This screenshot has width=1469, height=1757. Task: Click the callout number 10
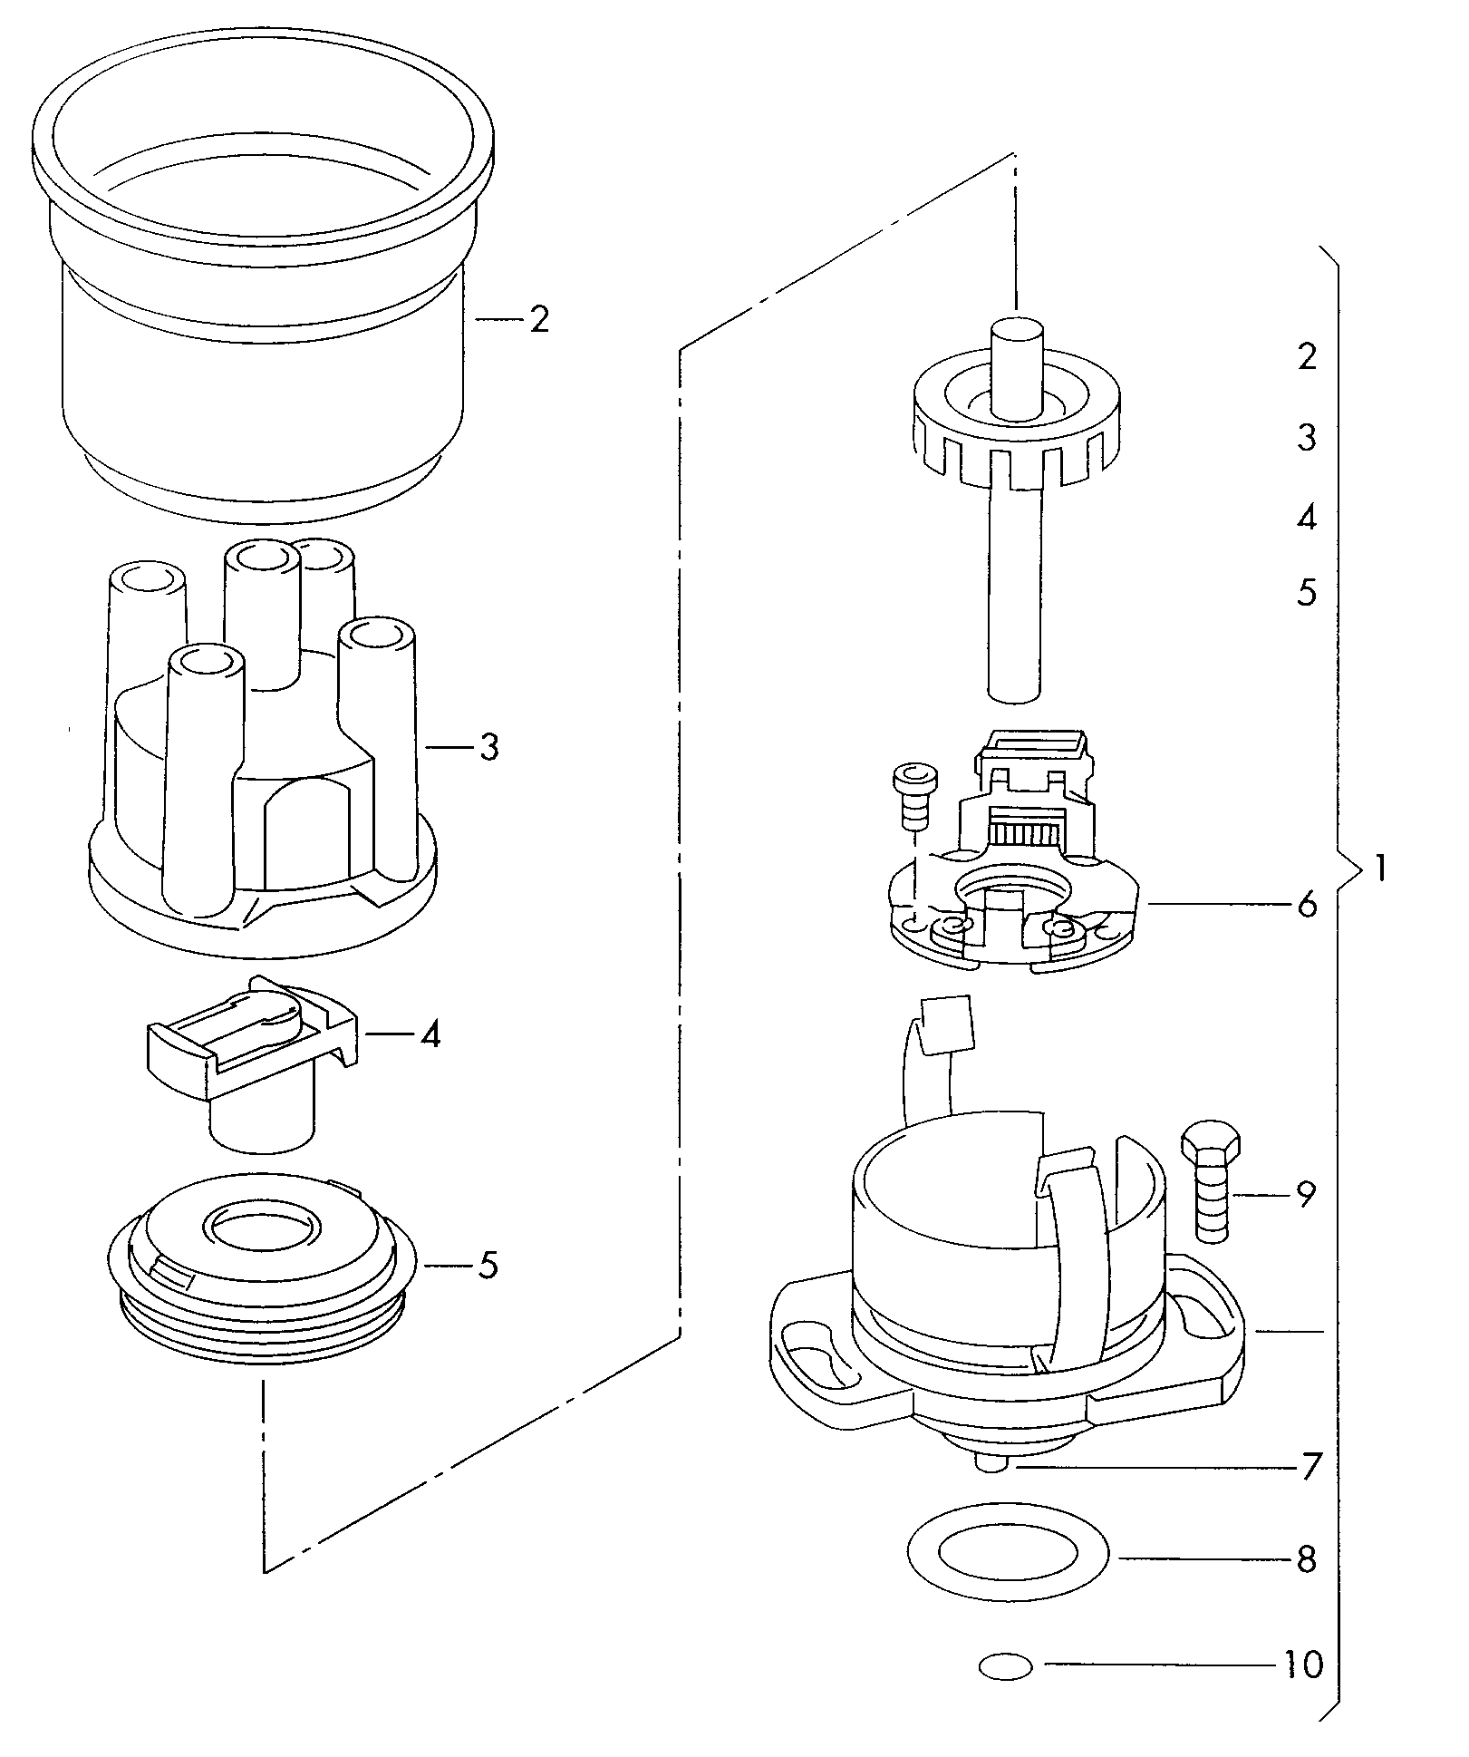pyautogui.click(x=1304, y=1665)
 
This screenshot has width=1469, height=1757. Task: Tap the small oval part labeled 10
pyautogui.click(x=1006, y=1665)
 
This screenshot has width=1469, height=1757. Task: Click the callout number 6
pyautogui.click(x=1306, y=904)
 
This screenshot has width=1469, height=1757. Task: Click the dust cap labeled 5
pyautogui.click(x=263, y=1269)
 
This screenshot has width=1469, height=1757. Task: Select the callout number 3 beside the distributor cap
pyautogui.click(x=488, y=748)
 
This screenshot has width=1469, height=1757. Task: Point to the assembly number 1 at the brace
pyautogui.click(x=1378, y=869)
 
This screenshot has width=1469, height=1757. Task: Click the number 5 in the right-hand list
pyautogui.click(x=1307, y=593)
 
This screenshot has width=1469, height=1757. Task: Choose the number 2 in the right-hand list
pyautogui.click(x=1307, y=356)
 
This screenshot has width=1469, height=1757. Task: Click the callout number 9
pyautogui.click(x=1306, y=1195)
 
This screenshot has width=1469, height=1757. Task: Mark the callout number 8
pyautogui.click(x=1306, y=1559)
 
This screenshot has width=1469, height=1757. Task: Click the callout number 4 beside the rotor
pyautogui.click(x=431, y=1034)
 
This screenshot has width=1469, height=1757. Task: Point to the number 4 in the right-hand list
pyautogui.click(x=1307, y=518)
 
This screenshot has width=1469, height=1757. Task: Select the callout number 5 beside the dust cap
pyautogui.click(x=488, y=1266)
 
